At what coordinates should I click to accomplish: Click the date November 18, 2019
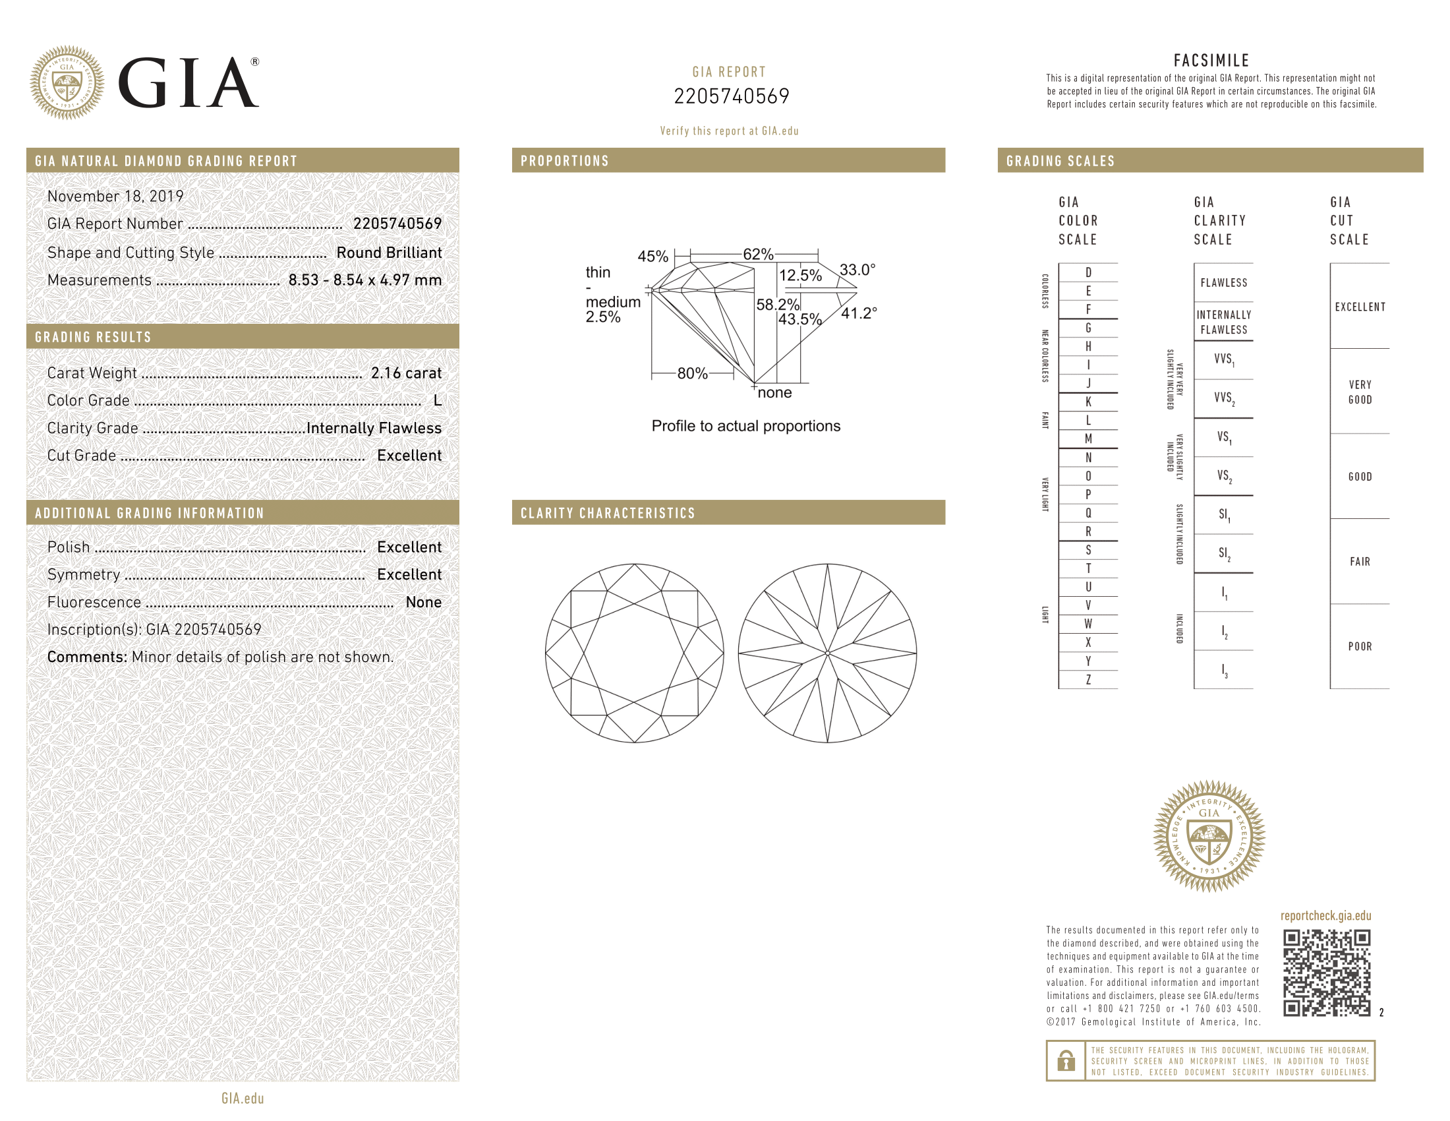[115, 196]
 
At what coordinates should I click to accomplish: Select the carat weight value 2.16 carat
[406, 373]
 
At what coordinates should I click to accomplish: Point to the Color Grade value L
[438, 400]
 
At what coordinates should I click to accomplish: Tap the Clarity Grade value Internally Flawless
[374, 429]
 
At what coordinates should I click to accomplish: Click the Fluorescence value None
[424, 602]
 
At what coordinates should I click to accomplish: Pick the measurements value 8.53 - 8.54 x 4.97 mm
[365, 280]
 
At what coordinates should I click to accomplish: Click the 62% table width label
[758, 255]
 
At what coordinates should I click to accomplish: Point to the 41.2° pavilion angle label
[859, 313]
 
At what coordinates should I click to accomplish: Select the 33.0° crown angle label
[857, 270]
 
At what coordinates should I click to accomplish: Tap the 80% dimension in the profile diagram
[693, 373]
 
